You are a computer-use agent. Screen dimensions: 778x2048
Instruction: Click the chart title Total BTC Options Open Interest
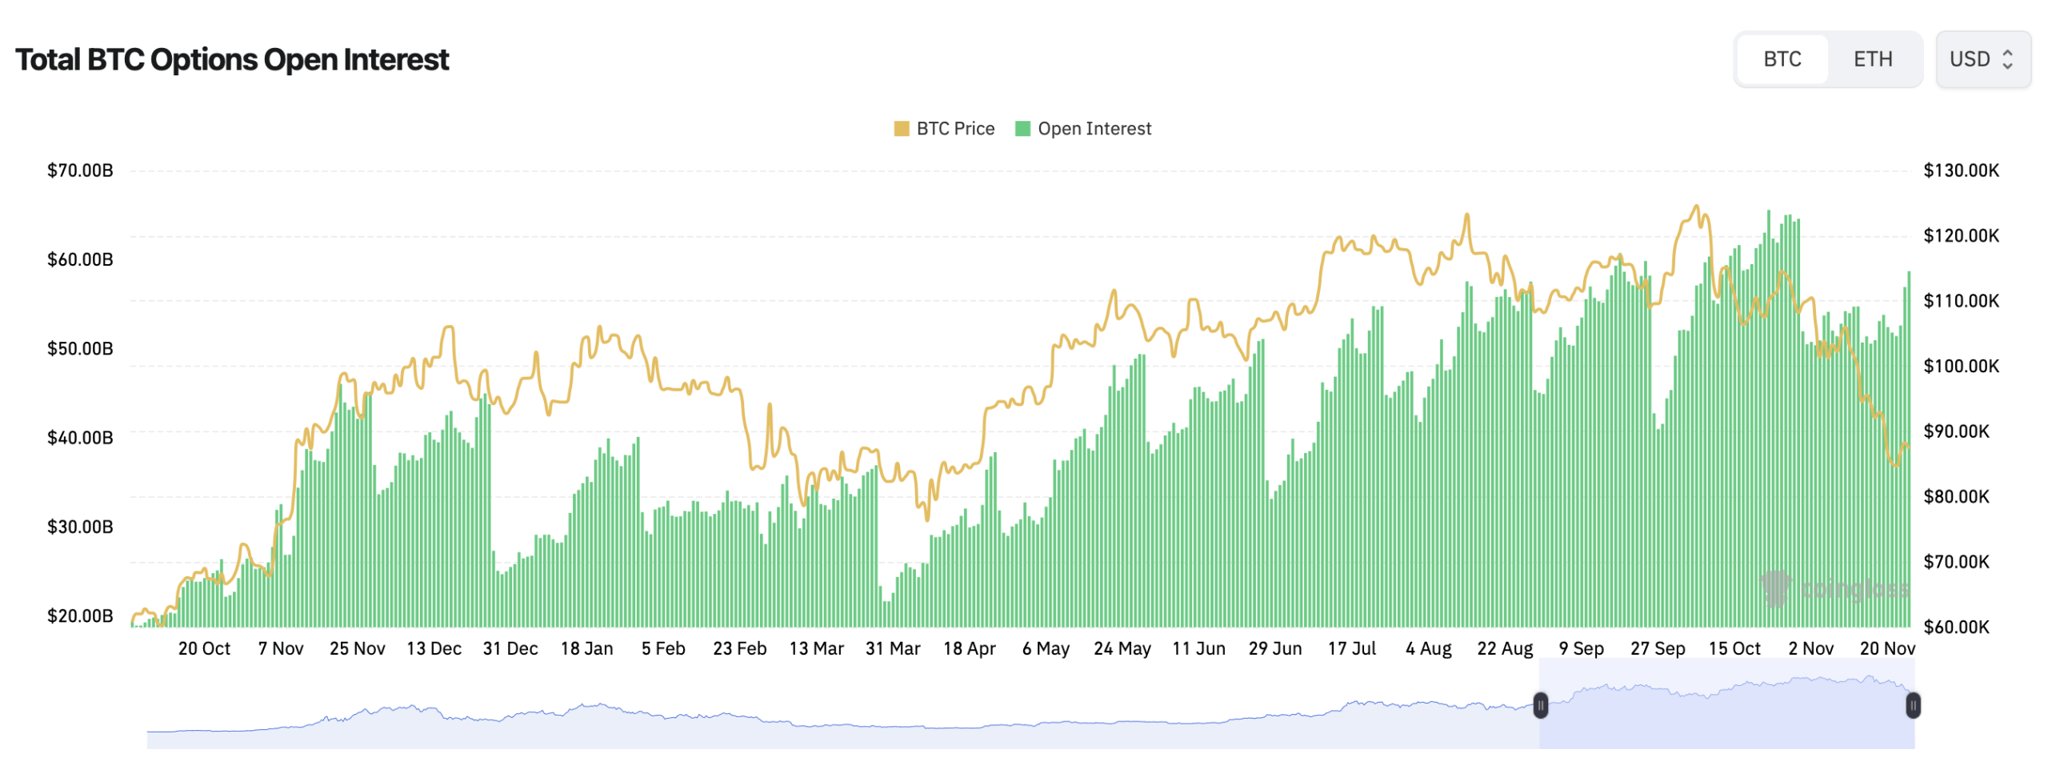coord(232,60)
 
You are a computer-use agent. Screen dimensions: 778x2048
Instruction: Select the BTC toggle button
coord(1782,59)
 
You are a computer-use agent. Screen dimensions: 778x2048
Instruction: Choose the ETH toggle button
coord(1872,59)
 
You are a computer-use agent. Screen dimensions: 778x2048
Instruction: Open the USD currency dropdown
coord(1982,59)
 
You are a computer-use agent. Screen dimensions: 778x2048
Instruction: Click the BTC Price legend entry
coord(944,129)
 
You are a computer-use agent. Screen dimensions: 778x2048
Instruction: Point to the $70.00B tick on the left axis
coord(80,170)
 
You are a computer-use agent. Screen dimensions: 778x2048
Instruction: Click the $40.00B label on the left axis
coord(80,438)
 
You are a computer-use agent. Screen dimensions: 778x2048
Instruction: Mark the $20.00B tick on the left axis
coord(80,616)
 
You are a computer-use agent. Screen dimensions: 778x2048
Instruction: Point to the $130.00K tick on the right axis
coord(1960,170)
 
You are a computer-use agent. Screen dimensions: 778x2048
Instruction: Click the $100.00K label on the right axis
coord(1960,367)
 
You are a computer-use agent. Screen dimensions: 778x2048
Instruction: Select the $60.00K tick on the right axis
coord(1955,627)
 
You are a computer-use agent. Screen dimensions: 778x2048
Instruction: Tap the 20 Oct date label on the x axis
coord(204,648)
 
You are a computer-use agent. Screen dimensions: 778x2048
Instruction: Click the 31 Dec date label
coord(510,648)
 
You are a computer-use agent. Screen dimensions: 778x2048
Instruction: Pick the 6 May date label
coord(1046,648)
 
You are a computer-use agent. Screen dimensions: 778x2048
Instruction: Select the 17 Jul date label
coord(1352,648)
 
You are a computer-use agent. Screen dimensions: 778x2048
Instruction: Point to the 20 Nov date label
coord(1887,648)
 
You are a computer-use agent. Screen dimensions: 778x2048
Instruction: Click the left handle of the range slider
coord(1540,706)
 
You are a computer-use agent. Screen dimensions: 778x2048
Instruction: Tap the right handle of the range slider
coord(1913,706)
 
